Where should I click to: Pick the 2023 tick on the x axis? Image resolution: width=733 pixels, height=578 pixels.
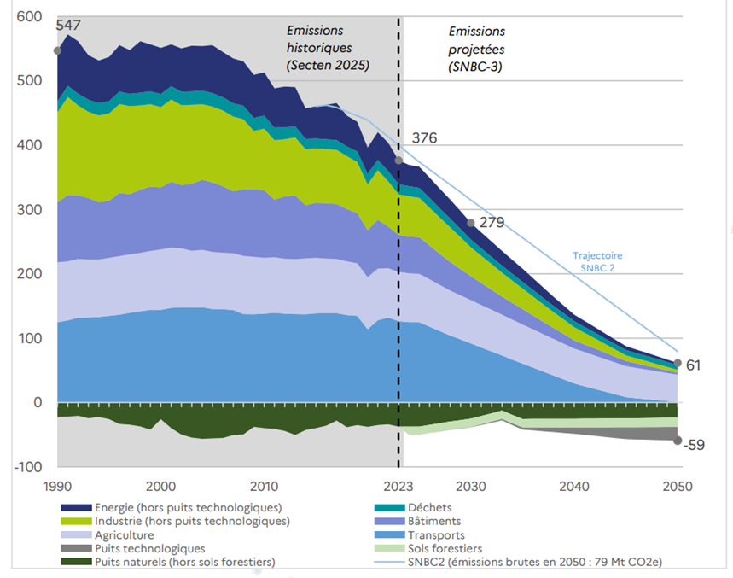point(398,486)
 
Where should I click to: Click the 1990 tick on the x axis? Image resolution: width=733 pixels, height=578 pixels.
point(57,486)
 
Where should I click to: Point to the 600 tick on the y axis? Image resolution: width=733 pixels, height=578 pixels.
point(28,17)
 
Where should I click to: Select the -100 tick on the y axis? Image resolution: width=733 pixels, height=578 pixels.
point(25,467)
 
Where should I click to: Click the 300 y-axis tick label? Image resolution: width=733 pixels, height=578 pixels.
point(28,210)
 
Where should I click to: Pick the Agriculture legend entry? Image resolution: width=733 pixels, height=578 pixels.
point(130,534)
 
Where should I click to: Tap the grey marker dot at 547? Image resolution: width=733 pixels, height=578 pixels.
point(57,50)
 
